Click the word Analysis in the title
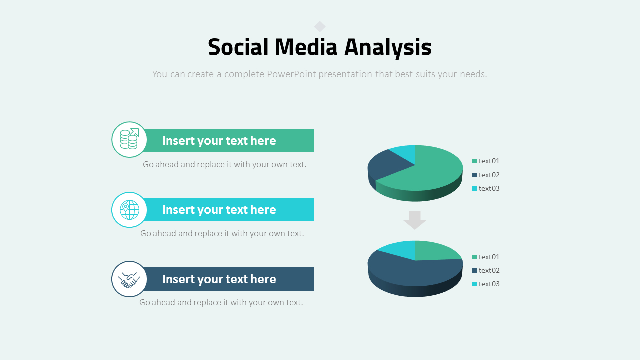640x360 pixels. [388, 48]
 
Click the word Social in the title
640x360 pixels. [238, 48]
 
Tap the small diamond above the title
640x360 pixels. [320, 26]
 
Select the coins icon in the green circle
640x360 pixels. [129, 139]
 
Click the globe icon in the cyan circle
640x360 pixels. [129, 210]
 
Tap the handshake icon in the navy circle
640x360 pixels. [129, 279]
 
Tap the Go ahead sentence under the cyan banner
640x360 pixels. [222, 233]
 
